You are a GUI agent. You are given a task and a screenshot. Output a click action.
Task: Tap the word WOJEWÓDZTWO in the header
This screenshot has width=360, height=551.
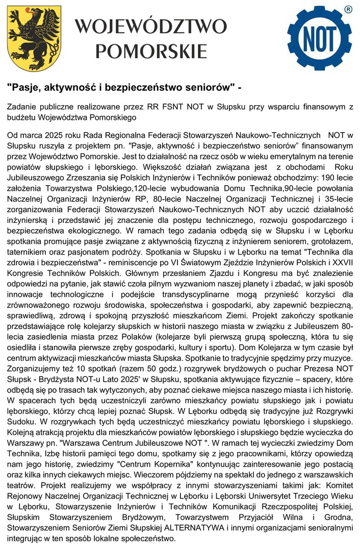tap(151, 26)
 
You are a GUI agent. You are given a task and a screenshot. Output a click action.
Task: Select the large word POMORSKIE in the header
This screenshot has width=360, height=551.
tap(151, 51)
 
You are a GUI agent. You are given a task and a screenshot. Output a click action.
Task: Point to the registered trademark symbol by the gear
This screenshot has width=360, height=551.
tap(348, 9)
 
